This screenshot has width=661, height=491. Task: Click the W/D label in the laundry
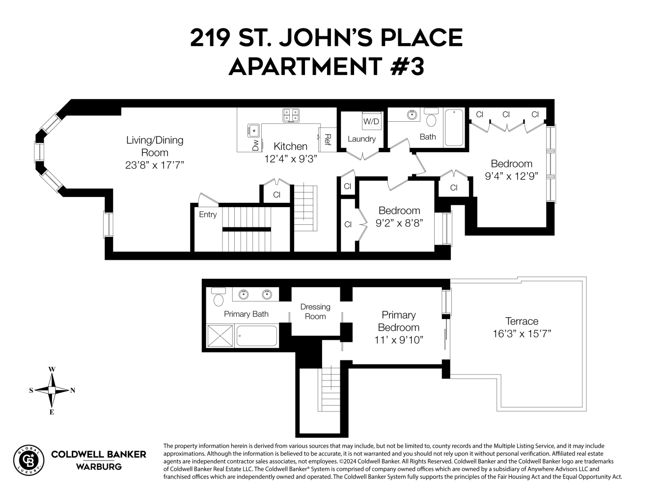tap(371, 121)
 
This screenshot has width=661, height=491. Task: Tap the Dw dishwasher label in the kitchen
tap(255, 145)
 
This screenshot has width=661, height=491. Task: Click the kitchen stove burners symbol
tap(291, 115)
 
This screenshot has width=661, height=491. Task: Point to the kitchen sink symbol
tap(254, 131)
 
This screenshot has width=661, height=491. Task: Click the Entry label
tap(208, 215)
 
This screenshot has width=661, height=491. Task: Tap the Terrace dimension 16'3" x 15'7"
tap(522, 334)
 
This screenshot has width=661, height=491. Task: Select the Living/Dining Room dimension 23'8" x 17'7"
tap(154, 165)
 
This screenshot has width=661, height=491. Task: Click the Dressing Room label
tap(315, 312)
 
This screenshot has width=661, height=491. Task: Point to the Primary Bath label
tap(246, 314)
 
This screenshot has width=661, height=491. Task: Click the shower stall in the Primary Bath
tap(220, 336)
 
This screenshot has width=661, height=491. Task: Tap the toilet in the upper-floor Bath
tap(432, 119)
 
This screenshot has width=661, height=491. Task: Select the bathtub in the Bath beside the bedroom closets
tap(454, 128)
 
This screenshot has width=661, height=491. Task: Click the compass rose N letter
tap(73, 391)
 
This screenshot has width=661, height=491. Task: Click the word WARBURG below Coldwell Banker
tap(99, 467)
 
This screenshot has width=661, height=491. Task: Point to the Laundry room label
tap(361, 139)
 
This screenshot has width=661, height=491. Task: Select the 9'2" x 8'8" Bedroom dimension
tap(399, 223)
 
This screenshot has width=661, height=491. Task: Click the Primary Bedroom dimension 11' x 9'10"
tap(398, 340)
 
